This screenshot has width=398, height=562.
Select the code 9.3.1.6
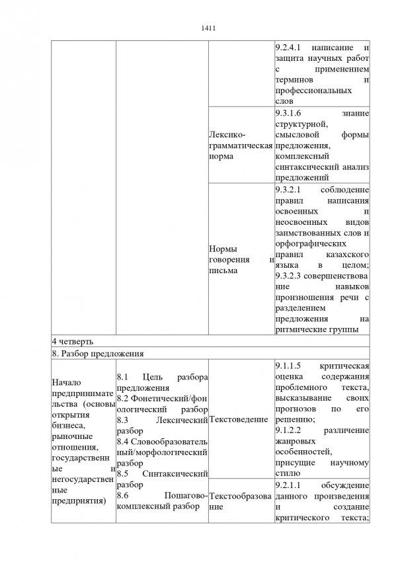pos(289,113)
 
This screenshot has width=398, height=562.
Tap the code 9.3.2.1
pos(289,190)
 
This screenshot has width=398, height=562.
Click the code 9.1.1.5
pos(288,366)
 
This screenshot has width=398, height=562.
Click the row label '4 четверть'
pos(73,341)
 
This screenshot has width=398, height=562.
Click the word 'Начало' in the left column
pos(67,382)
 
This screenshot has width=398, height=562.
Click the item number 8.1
pos(123,377)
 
